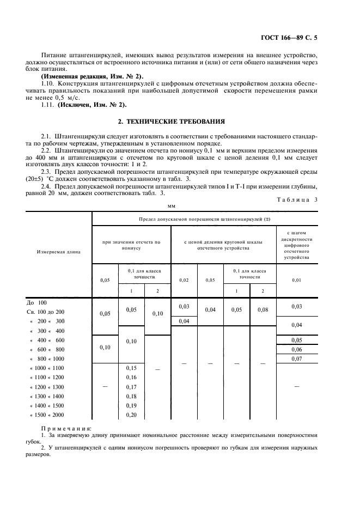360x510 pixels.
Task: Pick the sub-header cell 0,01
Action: (x=296, y=280)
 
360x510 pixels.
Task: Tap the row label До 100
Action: (x=37, y=302)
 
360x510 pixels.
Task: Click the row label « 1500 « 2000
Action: (x=45, y=415)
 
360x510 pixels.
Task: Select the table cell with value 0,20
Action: (x=131, y=415)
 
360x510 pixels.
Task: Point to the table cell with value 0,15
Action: (x=131, y=368)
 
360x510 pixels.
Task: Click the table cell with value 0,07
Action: (x=296, y=359)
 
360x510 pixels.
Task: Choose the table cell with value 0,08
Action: (x=263, y=310)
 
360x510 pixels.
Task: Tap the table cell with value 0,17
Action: (x=131, y=387)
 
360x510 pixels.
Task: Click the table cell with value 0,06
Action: (x=296, y=349)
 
